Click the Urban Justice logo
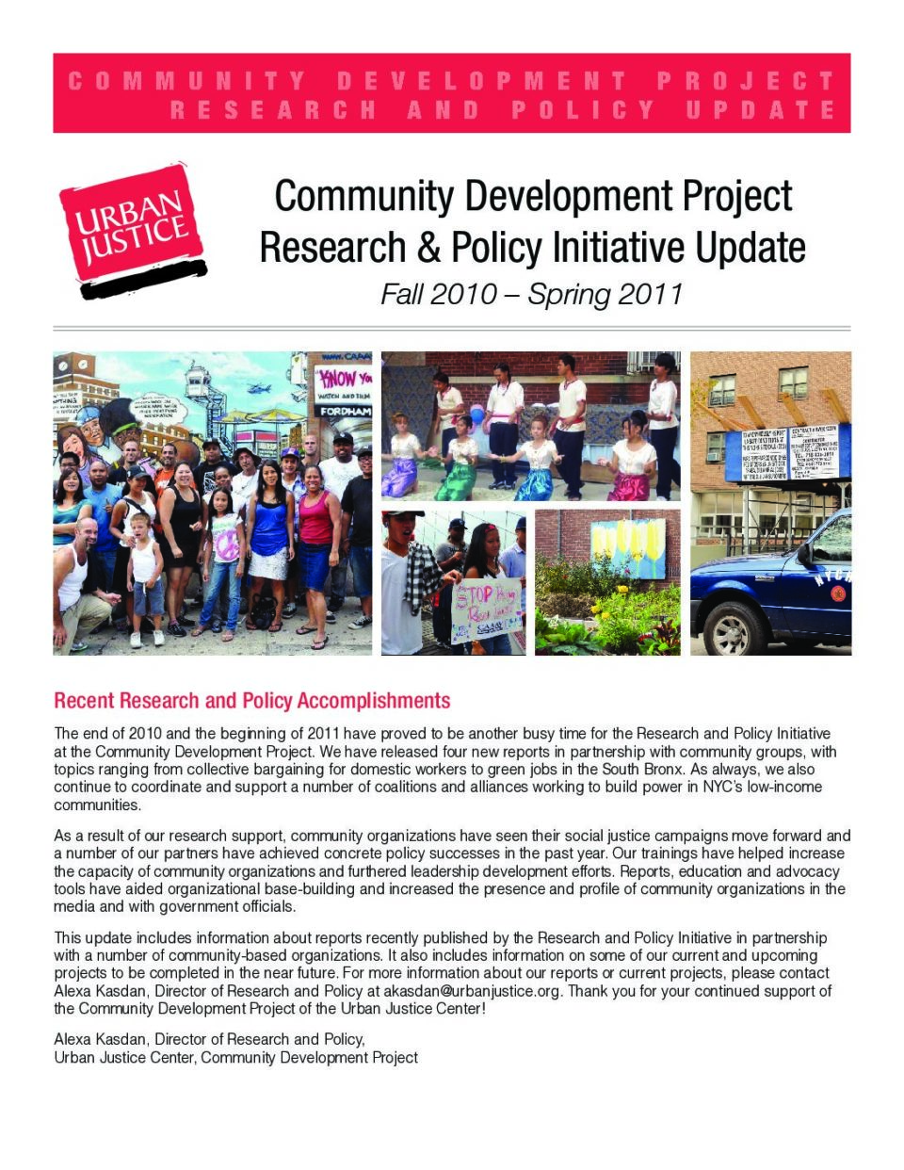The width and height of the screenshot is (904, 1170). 132,229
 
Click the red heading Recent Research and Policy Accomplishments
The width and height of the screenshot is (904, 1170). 251,701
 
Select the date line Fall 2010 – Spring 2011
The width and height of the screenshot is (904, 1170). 531,294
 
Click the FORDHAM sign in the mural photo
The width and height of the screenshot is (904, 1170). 345,412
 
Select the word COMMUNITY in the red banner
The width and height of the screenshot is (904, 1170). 187,81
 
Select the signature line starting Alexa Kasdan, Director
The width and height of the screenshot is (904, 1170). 209,1039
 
